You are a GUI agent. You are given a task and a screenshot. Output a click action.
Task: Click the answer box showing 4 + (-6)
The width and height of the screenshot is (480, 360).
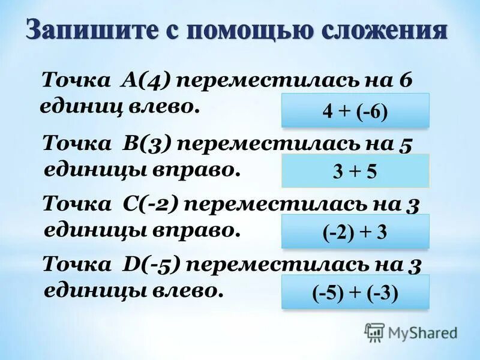click(355, 110)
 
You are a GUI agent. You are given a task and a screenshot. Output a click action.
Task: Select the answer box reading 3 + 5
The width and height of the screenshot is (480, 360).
click(355, 171)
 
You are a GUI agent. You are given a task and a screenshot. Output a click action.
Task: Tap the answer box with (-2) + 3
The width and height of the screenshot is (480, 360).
click(355, 232)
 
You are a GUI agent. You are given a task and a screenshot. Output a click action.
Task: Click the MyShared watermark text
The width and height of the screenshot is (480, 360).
click(423, 332)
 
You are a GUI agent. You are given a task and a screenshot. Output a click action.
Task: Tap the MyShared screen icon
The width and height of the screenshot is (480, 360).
click(374, 331)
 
